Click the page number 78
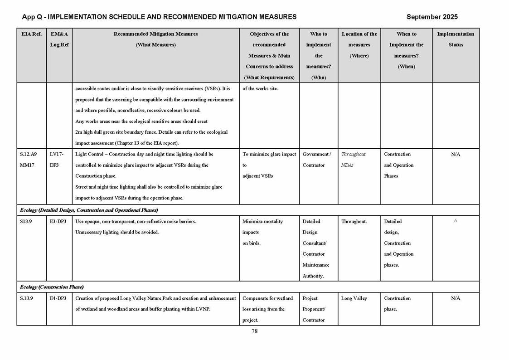click(x=255, y=331)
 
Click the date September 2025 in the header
click(x=432, y=17)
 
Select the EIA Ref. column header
click(x=31, y=34)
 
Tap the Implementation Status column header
click(x=456, y=39)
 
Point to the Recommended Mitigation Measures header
click(x=155, y=39)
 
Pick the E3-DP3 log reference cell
click(x=58, y=222)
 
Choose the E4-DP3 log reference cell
click(x=58, y=298)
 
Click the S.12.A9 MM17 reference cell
click(x=29, y=160)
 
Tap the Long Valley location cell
click(x=354, y=298)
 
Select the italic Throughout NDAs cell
click(x=353, y=160)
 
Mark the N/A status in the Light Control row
click(x=456, y=155)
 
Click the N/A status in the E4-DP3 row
click(x=456, y=298)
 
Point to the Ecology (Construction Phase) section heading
click(x=52, y=287)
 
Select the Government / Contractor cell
click(x=317, y=160)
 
